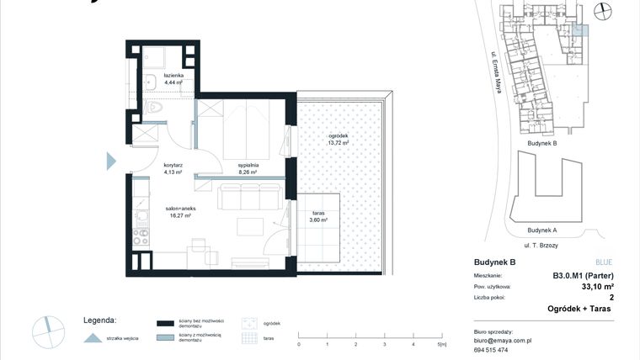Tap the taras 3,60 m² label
[317, 216]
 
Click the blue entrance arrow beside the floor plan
[111, 160]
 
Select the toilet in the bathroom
[154, 107]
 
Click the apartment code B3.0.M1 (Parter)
[582, 275]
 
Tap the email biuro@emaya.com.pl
[503, 341]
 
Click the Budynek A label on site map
[541, 230]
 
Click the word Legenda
[99, 320]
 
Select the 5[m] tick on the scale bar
[441, 344]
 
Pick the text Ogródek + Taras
[581, 309]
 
